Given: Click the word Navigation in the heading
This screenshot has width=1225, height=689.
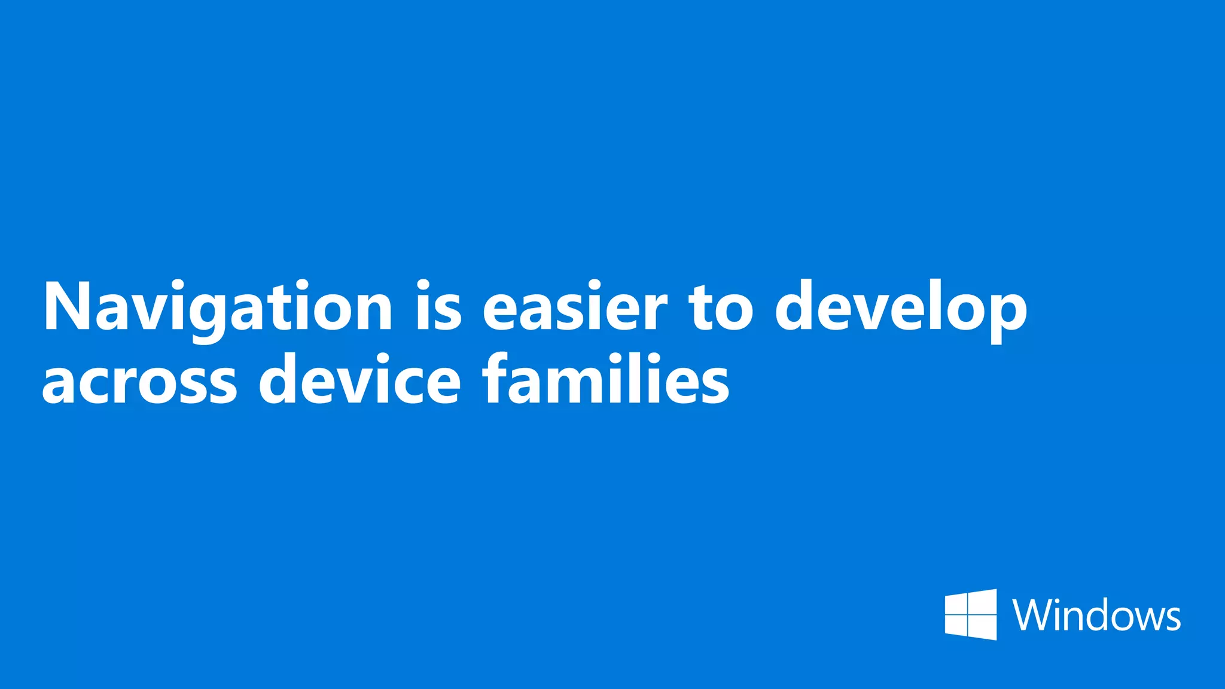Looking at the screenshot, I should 217,308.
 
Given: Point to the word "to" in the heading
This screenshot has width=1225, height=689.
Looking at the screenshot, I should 720,308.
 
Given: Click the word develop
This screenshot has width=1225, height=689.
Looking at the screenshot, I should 901,308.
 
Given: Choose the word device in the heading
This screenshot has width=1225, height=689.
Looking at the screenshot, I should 359,379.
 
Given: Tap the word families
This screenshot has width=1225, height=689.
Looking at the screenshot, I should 606,379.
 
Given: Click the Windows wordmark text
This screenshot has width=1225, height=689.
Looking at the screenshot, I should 1096,615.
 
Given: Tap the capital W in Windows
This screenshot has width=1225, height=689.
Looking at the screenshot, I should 1034,615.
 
